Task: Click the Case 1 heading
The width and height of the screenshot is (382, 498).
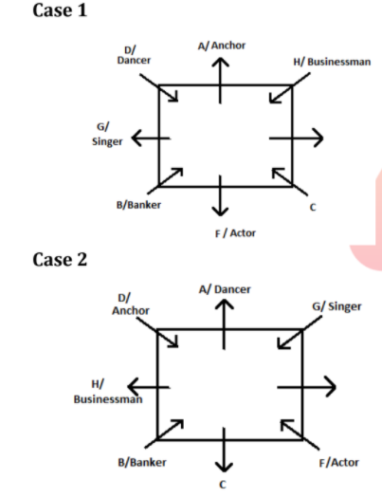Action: coord(60,10)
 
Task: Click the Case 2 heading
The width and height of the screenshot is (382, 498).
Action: coord(60,260)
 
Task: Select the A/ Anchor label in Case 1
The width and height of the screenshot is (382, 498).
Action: coord(222,46)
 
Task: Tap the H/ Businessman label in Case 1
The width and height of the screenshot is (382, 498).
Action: coord(332,62)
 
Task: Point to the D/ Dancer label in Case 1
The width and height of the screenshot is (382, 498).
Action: coord(134,55)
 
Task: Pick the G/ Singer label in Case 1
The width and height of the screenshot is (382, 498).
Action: coord(107,134)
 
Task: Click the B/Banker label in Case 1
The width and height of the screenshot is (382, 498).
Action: coord(138,205)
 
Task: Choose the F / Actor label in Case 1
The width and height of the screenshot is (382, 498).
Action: coord(235,233)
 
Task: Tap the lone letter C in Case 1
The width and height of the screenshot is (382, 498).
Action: coord(313,208)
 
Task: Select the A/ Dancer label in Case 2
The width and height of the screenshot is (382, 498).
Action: coord(225,289)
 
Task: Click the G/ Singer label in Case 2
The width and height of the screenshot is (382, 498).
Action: coord(337,306)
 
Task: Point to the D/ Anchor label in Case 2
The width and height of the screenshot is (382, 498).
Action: coord(131,304)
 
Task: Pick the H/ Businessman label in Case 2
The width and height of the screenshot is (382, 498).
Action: coord(108,392)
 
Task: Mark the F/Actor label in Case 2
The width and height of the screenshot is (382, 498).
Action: coord(338,463)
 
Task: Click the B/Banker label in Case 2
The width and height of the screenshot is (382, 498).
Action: coord(142,463)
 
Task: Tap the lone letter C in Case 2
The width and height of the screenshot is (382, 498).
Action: coord(223,485)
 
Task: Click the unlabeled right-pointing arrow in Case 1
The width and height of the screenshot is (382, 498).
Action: coord(296,138)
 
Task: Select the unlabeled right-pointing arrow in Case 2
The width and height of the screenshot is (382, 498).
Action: coord(306,387)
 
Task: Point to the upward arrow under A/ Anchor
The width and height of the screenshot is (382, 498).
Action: coord(220,81)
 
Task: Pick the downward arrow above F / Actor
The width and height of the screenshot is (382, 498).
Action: coord(220,195)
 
